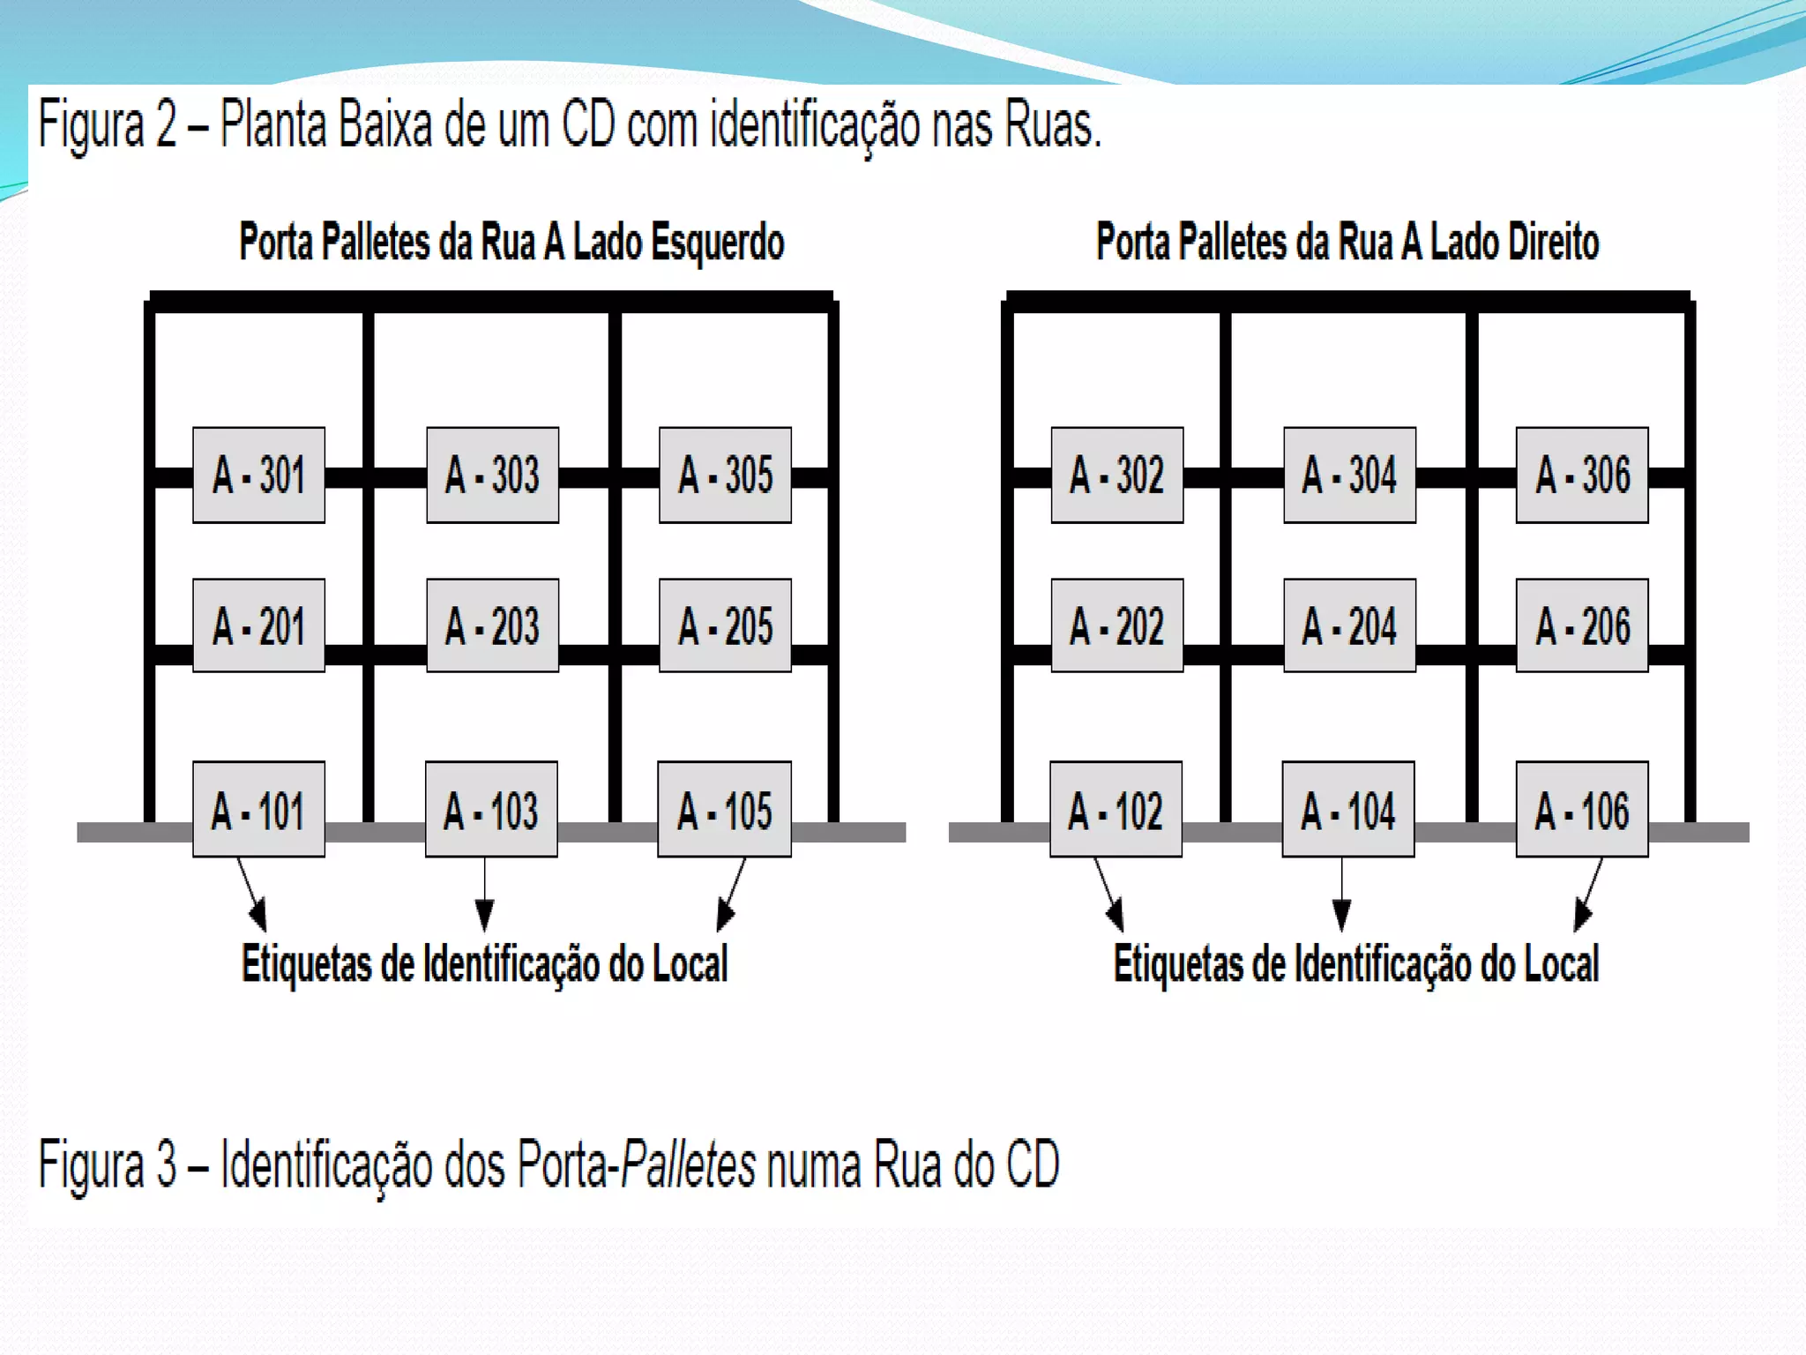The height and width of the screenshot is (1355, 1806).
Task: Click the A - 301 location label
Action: tap(258, 475)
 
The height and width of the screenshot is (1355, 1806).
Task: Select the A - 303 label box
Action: tap(492, 475)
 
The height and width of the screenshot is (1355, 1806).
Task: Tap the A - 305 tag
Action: tap(725, 475)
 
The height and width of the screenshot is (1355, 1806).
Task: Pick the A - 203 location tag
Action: tap(492, 625)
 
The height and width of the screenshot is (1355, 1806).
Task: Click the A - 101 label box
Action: tap(258, 809)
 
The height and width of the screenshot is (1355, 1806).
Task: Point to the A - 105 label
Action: tap(724, 809)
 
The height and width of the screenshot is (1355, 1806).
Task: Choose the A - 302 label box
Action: tap(1116, 475)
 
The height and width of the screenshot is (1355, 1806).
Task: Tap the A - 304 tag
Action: tap(1349, 475)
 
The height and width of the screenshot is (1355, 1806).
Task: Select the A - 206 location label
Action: tap(1582, 625)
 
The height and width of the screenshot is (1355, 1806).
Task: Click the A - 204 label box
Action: tap(1349, 625)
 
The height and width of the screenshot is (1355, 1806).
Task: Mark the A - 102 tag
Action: tap(1116, 809)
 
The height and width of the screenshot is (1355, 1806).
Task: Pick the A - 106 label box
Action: tap(1582, 809)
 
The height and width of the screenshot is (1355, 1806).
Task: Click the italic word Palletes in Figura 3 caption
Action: tap(688, 1164)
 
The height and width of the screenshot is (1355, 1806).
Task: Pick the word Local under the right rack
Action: tap(1562, 963)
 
